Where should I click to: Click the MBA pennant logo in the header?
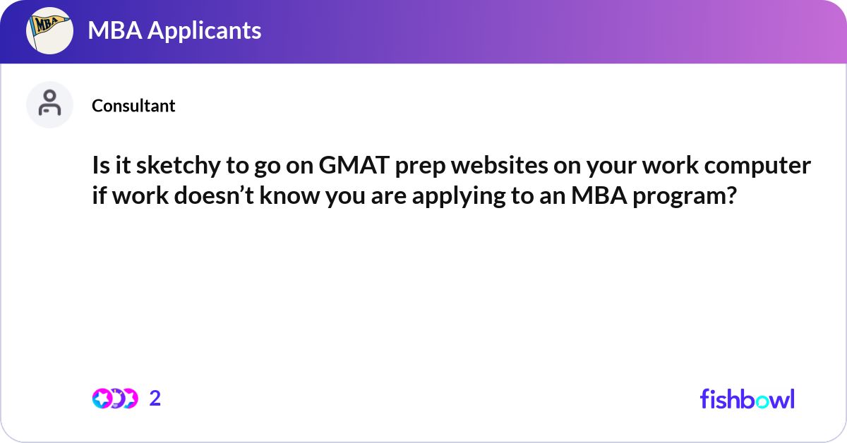pyautogui.click(x=49, y=31)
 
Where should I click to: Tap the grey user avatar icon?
pyautogui.click(x=49, y=104)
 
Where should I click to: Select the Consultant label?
pyautogui.click(x=133, y=106)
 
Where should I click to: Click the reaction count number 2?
pyautogui.click(x=155, y=399)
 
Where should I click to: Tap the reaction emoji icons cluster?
pyautogui.click(x=115, y=399)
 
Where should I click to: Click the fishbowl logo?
pyautogui.click(x=747, y=399)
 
